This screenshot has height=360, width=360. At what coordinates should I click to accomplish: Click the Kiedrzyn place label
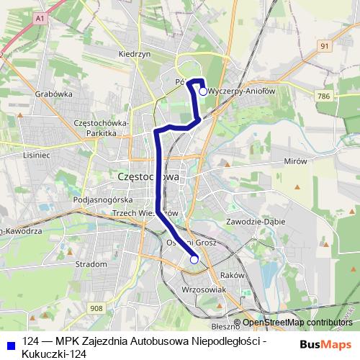coord(134,54)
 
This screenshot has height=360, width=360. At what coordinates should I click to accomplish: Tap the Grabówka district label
coord(54,93)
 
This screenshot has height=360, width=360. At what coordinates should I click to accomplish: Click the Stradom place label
coord(91,264)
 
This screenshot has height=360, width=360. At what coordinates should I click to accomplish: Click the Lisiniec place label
coord(36,156)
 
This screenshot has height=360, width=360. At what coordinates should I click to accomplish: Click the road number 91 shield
coord(325,45)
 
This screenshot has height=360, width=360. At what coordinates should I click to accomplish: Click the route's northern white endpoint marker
coord(203,91)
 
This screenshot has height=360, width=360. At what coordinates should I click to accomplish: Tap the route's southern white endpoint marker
coord(194,260)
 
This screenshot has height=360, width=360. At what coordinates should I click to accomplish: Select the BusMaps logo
coord(325,344)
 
